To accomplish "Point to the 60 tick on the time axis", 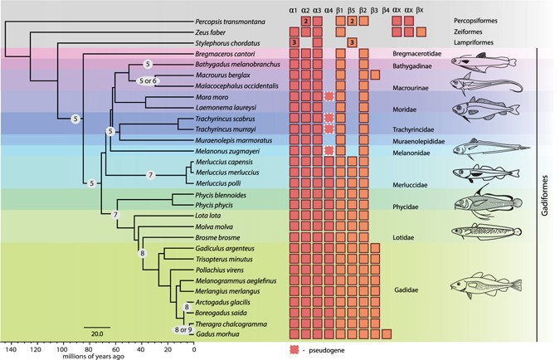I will click(115, 349).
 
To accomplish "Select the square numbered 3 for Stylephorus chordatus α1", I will click(294, 41).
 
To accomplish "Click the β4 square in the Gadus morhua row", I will click(387, 334).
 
